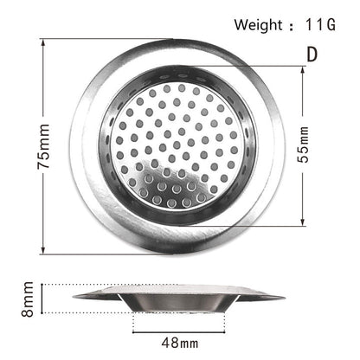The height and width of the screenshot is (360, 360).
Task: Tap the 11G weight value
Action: (318, 25)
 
